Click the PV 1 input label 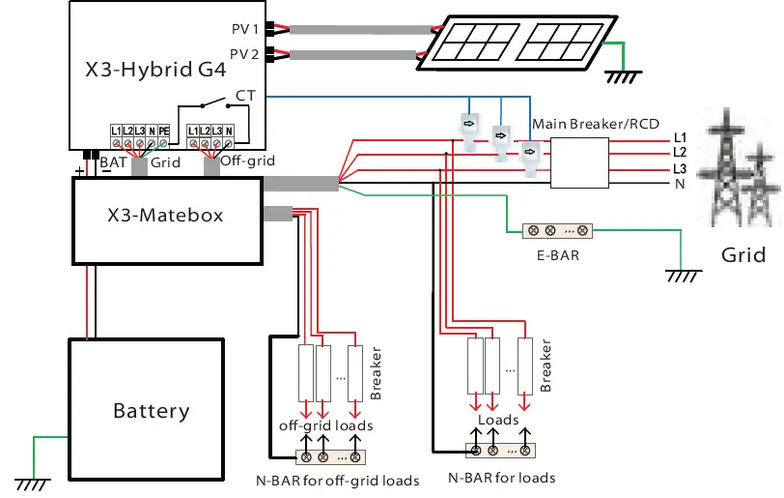[243, 29]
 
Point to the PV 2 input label [243, 54]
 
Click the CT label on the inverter [244, 96]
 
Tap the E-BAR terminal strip [556, 231]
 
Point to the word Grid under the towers [743, 256]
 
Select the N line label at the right [680, 184]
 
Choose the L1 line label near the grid [680, 137]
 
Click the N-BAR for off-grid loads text [338, 481]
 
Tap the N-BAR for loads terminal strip [500, 450]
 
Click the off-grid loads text [326, 425]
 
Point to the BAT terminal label [112, 163]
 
